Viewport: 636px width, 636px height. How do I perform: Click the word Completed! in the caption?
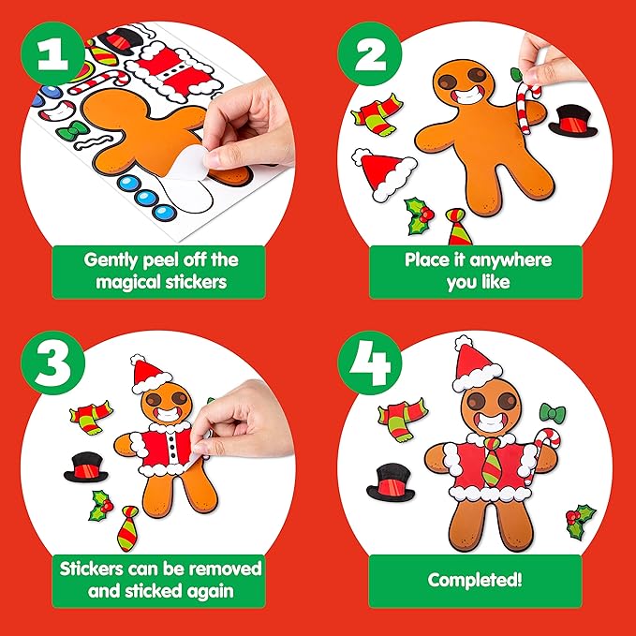tap(475, 580)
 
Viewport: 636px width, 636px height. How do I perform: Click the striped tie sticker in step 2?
tap(458, 227)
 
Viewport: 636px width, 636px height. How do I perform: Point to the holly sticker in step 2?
tap(419, 215)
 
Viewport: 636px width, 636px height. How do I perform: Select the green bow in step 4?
tap(553, 413)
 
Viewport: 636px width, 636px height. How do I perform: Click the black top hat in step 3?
tap(85, 465)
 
